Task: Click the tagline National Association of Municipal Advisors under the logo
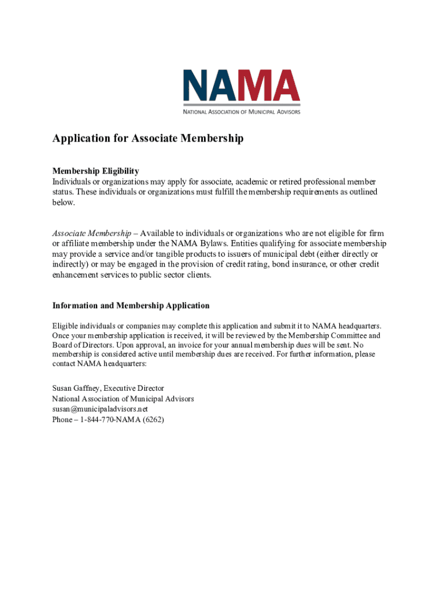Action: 242,111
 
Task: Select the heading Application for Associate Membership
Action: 148,139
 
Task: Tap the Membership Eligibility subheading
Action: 95,171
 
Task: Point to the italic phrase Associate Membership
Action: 91,233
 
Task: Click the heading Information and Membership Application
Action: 131,305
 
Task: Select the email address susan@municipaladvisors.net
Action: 104,409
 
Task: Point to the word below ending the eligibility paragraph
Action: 64,203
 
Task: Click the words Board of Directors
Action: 79,345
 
